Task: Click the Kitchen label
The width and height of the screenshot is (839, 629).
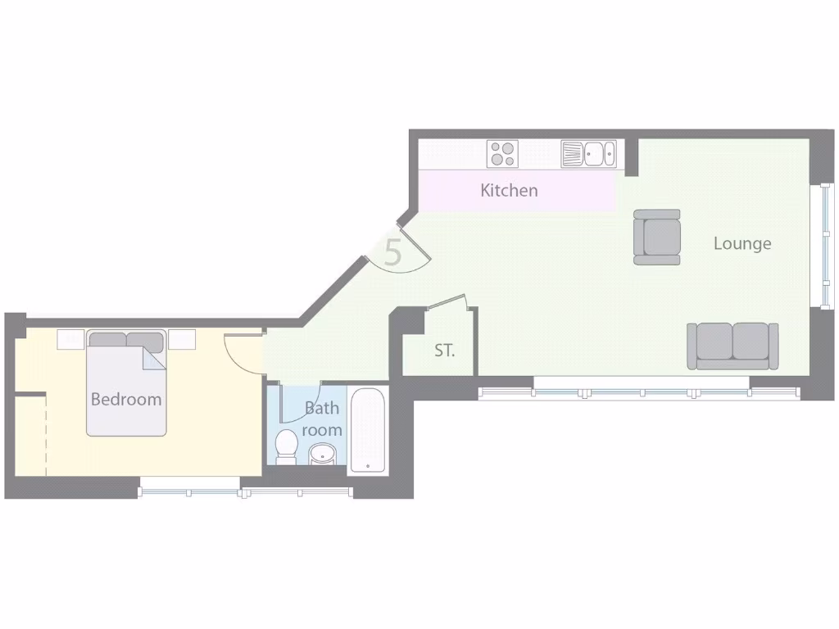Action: [509, 190]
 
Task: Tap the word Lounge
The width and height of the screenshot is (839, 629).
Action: [741, 243]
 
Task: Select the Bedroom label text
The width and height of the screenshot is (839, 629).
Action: [125, 400]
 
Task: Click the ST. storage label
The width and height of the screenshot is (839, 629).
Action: [444, 351]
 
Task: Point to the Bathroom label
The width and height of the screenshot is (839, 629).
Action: [321, 419]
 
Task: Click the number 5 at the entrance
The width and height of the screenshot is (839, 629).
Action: [393, 252]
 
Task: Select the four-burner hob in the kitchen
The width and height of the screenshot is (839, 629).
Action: [502, 154]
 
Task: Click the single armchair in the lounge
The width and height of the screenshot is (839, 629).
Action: [657, 237]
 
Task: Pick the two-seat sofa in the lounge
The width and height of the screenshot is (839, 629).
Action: [732, 346]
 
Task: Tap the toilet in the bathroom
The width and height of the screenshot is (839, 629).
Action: [286, 445]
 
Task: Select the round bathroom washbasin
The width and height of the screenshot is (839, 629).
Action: [322, 453]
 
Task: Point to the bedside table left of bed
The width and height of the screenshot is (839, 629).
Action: [70, 339]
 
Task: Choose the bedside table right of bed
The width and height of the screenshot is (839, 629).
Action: [182, 339]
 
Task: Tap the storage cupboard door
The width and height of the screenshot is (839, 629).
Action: [447, 302]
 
